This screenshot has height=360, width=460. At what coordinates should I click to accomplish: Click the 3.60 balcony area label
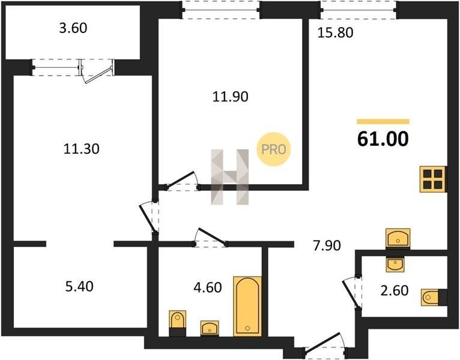click(x=73, y=28)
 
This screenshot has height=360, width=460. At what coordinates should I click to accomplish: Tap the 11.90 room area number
click(x=230, y=97)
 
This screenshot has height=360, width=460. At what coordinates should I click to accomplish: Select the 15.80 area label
click(x=335, y=32)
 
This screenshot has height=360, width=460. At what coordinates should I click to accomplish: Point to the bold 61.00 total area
click(x=383, y=139)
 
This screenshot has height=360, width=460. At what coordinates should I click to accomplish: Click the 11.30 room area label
click(x=82, y=149)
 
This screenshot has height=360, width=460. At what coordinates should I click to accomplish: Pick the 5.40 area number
click(x=79, y=286)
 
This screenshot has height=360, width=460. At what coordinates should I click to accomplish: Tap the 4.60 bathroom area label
click(x=208, y=287)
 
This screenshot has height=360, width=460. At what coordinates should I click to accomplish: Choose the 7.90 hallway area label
click(x=327, y=245)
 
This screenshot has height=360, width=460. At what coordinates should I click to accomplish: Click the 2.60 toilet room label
click(x=395, y=290)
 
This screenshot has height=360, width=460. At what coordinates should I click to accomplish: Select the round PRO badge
click(x=273, y=149)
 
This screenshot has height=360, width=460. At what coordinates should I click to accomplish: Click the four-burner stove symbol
click(x=433, y=179)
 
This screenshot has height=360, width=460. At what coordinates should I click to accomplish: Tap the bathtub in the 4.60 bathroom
click(x=247, y=306)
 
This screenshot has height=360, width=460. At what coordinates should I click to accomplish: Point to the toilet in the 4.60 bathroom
click(x=178, y=323)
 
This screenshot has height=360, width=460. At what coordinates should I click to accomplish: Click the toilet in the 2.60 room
click(x=434, y=298)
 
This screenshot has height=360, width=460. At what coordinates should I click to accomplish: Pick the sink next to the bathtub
click(x=210, y=328)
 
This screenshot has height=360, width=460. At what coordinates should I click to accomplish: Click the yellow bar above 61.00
click(x=383, y=122)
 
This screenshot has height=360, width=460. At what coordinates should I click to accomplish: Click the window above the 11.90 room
click(x=220, y=10)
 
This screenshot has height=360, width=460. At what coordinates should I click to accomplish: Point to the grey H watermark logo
click(x=230, y=177)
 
